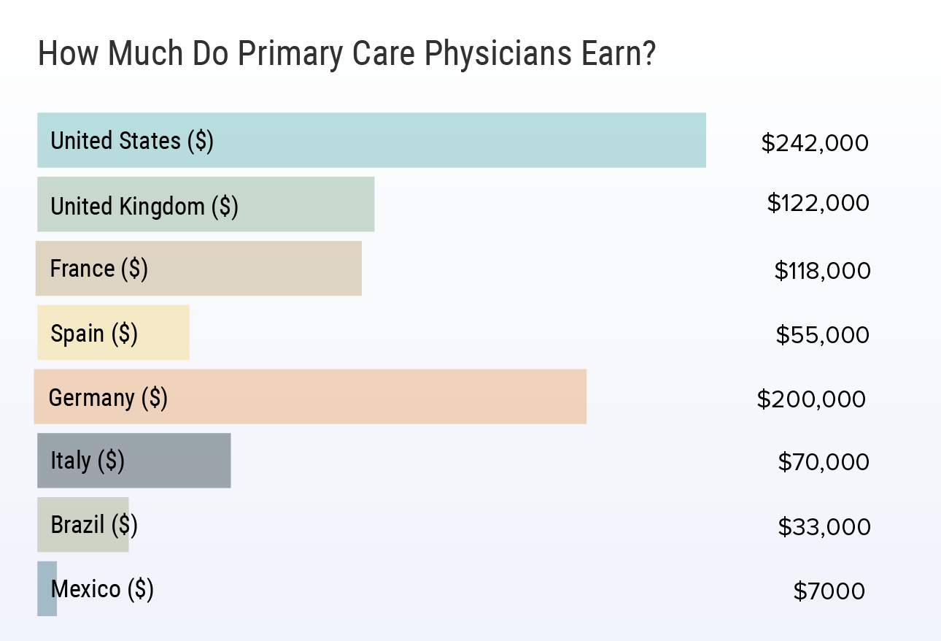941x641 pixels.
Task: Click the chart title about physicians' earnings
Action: pos(346,54)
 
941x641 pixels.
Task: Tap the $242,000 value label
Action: pos(815,143)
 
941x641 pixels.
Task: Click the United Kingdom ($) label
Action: pos(144,207)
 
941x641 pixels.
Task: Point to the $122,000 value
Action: pos(818,203)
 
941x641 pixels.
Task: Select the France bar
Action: pos(255,269)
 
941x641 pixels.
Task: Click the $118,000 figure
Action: pos(822,271)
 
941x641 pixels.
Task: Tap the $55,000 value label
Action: pos(822,335)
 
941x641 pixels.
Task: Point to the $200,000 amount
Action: pos(811,399)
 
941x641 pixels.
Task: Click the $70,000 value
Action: pos(824,462)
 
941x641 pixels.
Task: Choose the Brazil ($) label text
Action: pos(94,525)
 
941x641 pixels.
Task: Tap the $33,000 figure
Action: pos(824,526)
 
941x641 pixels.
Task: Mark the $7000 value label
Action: pos(829,591)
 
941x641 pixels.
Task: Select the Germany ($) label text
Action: pos(108,398)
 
